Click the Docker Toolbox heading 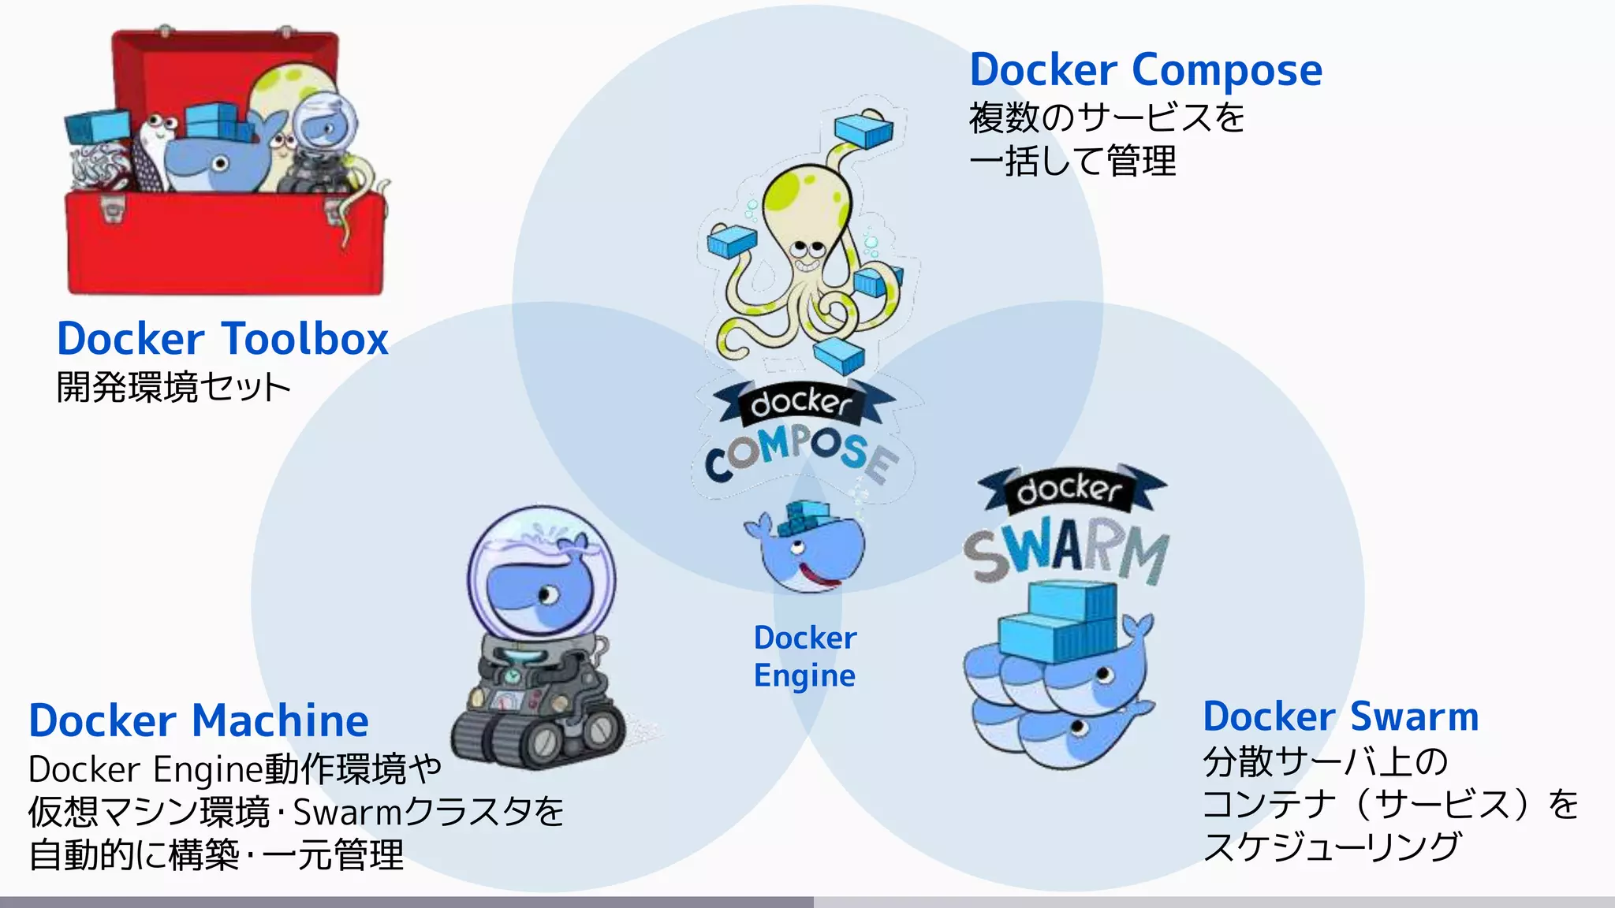click(222, 339)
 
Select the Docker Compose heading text click(1145, 71)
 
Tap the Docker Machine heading click(199, 720)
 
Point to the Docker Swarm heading click(1341, 716)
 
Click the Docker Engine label click(804, 657)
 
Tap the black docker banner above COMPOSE click(803, 403)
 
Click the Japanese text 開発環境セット click(173, 388)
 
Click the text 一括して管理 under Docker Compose click(1072, 162)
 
